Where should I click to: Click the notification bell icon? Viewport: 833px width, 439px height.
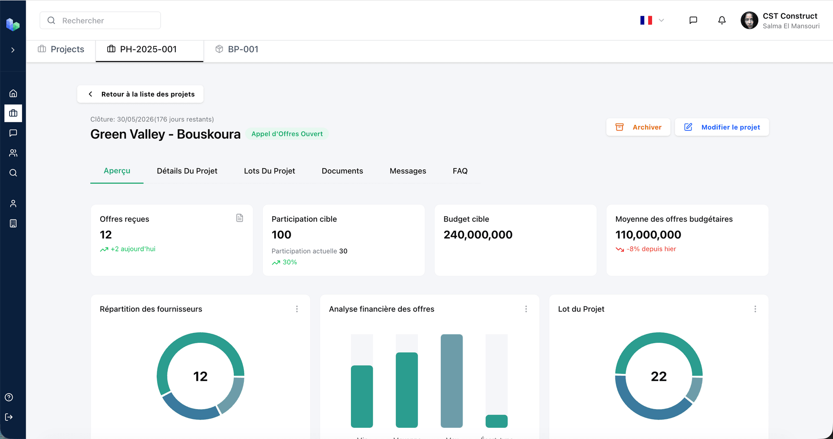[721, 20]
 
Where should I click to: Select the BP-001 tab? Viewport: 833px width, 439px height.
[237, 49]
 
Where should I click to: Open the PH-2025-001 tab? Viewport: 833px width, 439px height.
[149, 49]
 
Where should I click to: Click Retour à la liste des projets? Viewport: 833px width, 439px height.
[141, 94]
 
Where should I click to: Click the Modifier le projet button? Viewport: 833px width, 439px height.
[721, 127]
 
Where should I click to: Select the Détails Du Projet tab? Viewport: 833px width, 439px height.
[187, 171]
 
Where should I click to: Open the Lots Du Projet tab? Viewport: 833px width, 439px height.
[269, 171]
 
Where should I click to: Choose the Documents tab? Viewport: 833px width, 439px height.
[342, 171]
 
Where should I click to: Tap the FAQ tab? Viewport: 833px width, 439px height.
[460, 171]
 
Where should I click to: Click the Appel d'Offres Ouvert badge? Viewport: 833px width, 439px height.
[287, 134]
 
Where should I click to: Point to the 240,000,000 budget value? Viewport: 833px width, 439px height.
[478, 235]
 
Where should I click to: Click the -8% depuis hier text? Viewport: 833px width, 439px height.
[651, 249]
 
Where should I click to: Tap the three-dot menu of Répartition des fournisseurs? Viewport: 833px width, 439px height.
[297, 309]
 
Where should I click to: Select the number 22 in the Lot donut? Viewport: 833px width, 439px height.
[659, 376]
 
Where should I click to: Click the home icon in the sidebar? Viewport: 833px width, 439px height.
[13, 93]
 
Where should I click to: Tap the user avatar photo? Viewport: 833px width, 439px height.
[749, 20]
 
